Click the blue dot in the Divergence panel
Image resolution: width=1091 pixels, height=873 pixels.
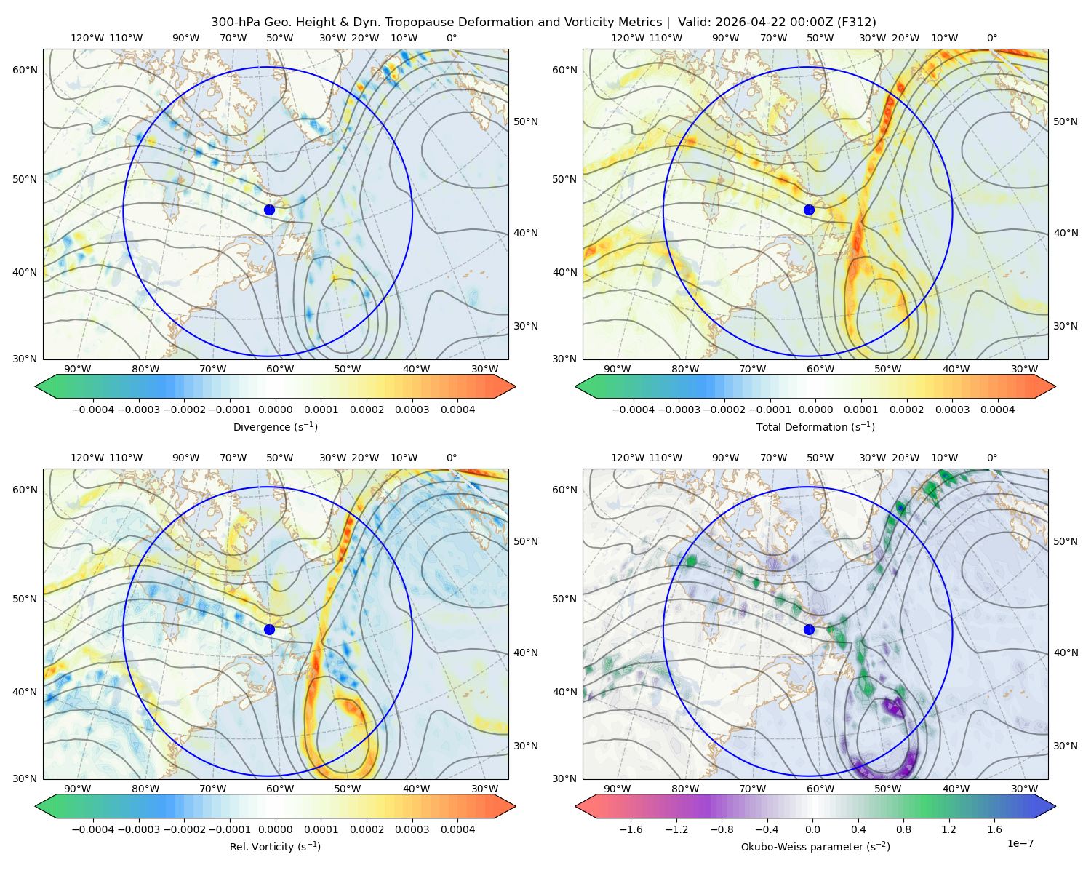269,210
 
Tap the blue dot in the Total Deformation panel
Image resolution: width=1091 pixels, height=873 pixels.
809,210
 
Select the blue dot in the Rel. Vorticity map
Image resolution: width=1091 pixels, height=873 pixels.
269,629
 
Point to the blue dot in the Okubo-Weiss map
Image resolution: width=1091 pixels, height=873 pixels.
809,629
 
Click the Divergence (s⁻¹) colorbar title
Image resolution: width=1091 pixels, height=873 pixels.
275,426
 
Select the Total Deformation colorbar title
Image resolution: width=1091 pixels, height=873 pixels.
815,426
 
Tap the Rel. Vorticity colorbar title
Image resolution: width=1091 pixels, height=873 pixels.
275,846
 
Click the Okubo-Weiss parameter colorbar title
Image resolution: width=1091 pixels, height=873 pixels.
815,846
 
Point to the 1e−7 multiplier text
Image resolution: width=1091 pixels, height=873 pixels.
1020,843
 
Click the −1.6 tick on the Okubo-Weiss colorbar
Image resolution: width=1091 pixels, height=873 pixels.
631,829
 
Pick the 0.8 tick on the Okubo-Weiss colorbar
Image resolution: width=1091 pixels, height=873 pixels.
903,829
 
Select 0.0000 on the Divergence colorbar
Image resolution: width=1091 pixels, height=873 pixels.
275,410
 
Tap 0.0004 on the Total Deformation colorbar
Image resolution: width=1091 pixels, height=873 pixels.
997,410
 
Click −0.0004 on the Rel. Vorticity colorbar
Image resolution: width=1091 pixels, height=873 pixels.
93,829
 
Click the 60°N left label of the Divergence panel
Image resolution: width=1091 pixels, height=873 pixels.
25,70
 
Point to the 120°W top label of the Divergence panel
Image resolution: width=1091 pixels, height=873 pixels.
87,38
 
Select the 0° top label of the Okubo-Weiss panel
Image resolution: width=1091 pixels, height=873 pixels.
991,457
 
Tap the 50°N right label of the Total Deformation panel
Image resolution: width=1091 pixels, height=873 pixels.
1065,121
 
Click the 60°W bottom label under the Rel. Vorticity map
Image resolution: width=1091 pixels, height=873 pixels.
280,789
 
